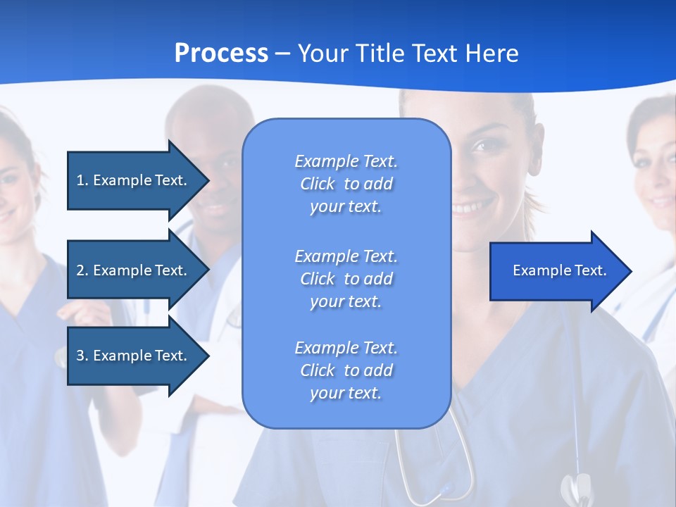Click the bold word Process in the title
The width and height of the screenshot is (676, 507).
221,54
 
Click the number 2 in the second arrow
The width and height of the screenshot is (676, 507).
80,270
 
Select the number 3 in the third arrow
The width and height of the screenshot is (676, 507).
80,356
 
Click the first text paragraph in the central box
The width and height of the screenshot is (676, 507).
346,184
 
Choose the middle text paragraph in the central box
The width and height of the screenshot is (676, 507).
346,279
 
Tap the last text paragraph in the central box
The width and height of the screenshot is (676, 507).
346,370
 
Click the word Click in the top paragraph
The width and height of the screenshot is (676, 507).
318,184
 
